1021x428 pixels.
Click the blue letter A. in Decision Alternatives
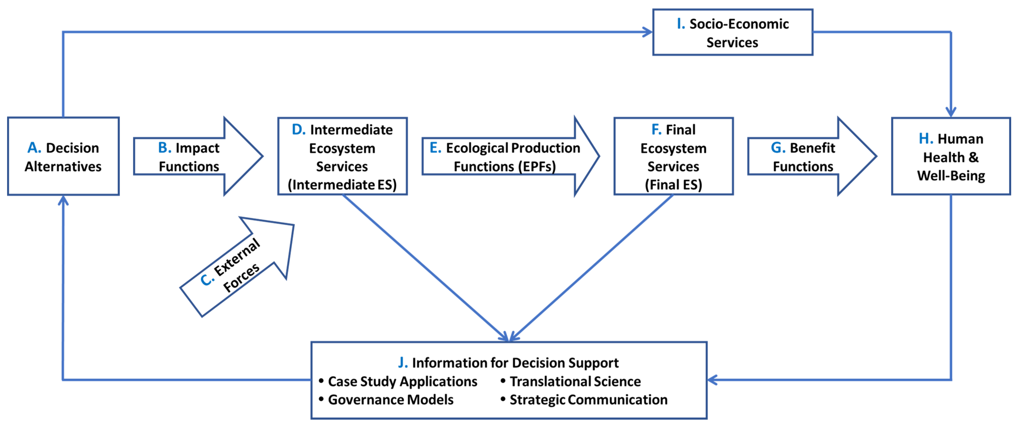[34, 148]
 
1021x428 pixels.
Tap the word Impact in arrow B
[197, 148]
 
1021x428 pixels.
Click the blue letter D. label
[298, 130]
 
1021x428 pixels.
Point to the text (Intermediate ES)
[342, 185]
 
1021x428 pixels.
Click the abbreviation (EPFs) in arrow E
[537, 166]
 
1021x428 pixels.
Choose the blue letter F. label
[656, 130]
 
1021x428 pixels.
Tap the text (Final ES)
[673, 185]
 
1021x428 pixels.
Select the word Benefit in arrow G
[812, 148]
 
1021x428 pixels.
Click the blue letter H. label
[926, 139]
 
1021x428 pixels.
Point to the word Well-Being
[951, 176]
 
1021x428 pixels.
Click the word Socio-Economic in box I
[739, 24]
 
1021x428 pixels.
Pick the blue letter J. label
[403, 363]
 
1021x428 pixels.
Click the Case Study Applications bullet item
[402, 381]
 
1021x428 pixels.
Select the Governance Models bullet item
[390, 399]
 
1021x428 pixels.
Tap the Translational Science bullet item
[575, 381]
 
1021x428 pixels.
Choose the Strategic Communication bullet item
[588, 399]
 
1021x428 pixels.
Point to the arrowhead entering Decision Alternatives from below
[63, 201]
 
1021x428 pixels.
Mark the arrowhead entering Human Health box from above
[951, 112]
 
